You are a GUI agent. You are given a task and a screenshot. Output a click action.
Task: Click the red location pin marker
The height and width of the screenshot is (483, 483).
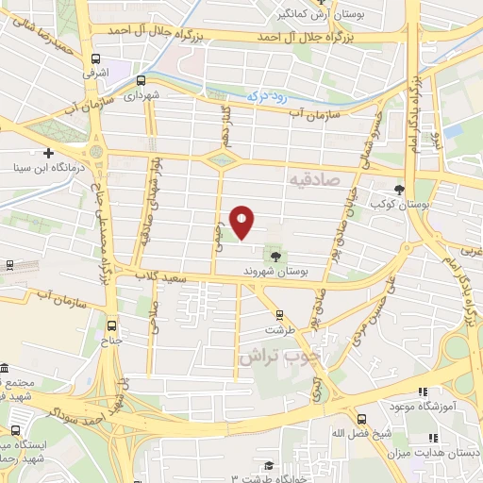click(x=242, y=223)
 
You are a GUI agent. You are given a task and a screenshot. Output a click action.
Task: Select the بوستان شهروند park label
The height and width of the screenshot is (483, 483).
click(x=292, y=270)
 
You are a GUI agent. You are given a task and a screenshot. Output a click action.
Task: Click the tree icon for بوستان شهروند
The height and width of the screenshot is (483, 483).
click(x=275, y=256)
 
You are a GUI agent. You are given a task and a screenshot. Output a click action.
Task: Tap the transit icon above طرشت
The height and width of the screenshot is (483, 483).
click(x=278, y=315)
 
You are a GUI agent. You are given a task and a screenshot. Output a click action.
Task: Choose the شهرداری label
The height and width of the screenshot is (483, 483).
click(x=145, y=95)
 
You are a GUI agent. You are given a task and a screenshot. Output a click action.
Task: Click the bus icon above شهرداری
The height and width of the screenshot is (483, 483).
click(x=141, y=81)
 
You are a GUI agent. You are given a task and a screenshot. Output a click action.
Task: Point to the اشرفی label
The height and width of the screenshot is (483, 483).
click(x=96, y=72)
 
